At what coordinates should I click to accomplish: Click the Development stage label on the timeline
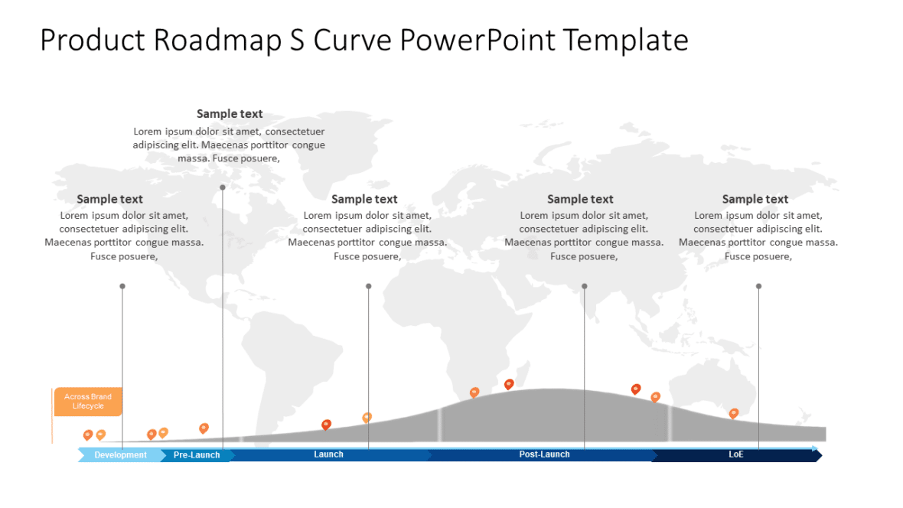[120, 455]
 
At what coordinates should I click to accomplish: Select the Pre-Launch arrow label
[197, 455]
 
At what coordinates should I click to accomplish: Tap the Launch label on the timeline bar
[328, 454]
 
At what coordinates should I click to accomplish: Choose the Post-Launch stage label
[544, 454]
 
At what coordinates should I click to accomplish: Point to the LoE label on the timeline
[735, 454]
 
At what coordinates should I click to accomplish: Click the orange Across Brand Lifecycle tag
[88, 401]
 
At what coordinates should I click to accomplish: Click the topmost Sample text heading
[230, 114]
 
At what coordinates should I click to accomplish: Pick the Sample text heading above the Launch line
[364, 200]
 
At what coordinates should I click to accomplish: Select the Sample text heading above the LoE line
[755, 200]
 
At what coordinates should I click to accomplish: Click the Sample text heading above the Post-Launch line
[580, 200]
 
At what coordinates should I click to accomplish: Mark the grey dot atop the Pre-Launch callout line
[223, 187]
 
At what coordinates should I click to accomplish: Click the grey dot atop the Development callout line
[122, 286]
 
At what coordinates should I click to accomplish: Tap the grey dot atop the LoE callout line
[758, 286]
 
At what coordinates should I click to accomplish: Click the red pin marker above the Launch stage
[327, 424]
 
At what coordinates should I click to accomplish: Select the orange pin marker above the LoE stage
[734, 412]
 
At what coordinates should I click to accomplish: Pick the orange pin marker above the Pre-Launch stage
[204, 428]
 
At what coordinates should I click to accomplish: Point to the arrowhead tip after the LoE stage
[820, 455]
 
